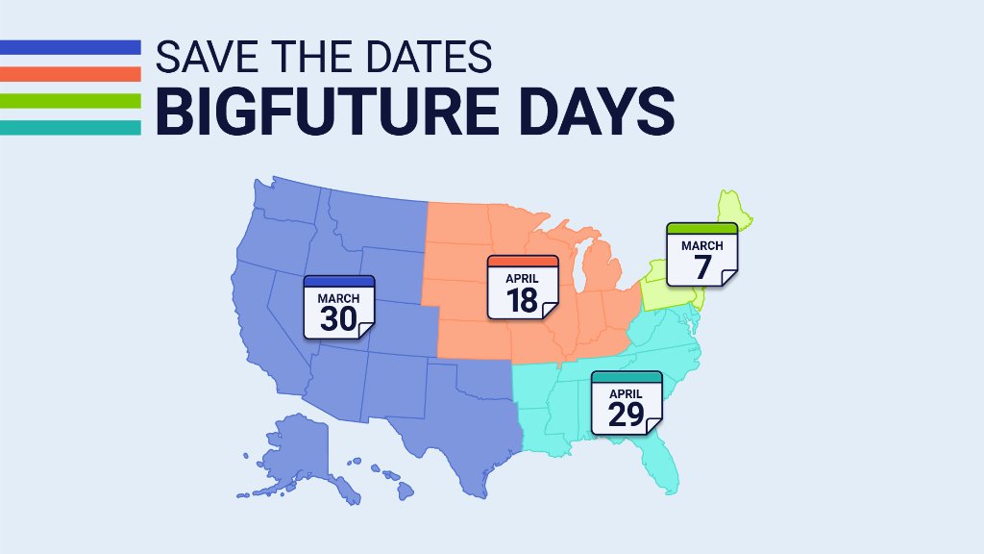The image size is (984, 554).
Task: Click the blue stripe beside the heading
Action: [x=70, y=46]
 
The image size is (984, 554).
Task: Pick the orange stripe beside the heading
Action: [x=70, y=72]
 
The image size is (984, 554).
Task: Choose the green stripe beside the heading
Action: [x=70, y=99]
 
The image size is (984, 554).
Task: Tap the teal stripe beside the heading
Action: [x=70, y=126]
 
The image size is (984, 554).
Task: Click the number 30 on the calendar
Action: [x=338, y=318]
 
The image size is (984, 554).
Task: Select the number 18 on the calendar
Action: [x=522, y=299]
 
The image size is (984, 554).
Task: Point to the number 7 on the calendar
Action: [x=701, y=266]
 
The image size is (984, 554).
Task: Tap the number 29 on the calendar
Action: [x=627, y=415]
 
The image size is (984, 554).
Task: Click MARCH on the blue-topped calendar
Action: [x=338, y=298]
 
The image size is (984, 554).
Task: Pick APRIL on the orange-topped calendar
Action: [x=522, y=279]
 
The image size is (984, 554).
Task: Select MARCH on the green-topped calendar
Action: [x=701, y=246]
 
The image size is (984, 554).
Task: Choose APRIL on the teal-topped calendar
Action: [x=627, y=393]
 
